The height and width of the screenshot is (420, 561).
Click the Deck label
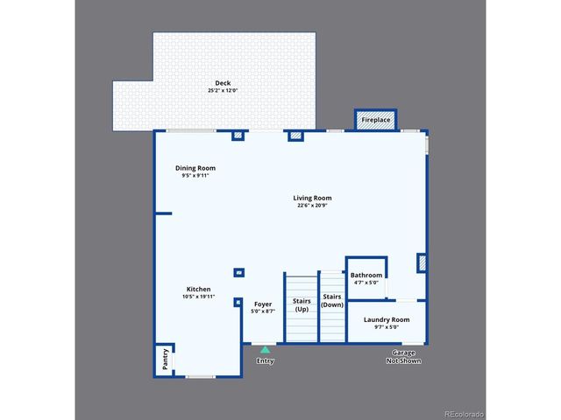[x=223, y=83]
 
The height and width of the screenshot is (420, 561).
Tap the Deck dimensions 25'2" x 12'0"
[x=223, y=91]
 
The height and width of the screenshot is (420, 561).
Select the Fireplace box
[x=376, y=120]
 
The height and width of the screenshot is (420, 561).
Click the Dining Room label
[x=195, y=168]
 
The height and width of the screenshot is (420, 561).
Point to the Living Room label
[x=312, y=198]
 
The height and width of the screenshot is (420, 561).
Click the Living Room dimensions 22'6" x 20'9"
[x=312, y=206]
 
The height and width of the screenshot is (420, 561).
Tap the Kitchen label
[x=198, y=289]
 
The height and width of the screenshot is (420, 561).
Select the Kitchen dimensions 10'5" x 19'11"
[x=198, y=297]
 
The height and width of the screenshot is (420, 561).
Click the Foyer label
[x=263, y=304]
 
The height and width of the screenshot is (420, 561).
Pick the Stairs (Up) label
[x=302, y=304]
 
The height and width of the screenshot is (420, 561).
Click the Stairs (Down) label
[x=332, y=300]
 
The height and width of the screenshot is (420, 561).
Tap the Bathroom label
[x=366, y=275]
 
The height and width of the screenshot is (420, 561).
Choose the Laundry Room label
[x=387, y=319]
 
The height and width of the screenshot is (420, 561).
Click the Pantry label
[x=165, y=360]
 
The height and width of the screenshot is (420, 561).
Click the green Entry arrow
[x=265, y=350]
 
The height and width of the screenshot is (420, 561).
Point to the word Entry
[x=265, y=360]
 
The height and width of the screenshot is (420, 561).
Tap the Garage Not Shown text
[x=403, y=356]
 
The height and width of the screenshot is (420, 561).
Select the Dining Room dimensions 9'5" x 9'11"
[x=195, y=176]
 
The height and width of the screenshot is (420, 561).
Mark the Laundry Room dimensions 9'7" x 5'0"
[x=387, y=327]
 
